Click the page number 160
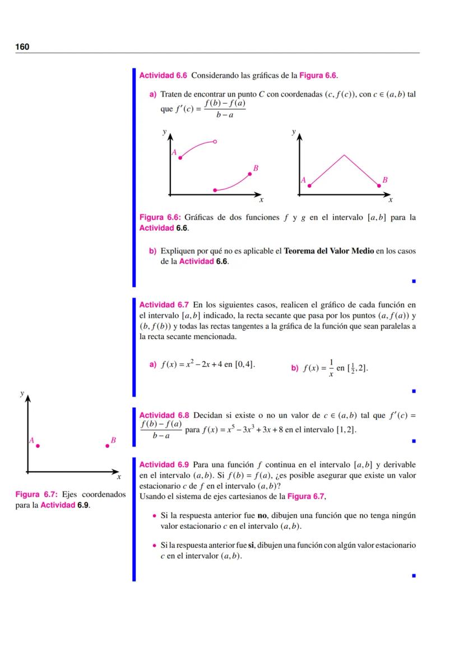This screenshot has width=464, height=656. click(x=22, y=46)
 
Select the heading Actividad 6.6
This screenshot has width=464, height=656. click(x=164, y=75)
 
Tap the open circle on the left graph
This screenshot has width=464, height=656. click(x=215, y=141)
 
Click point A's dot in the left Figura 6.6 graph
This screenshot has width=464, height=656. click(x=180, y=158)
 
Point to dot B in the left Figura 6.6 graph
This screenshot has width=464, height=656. click(x=250, y=174)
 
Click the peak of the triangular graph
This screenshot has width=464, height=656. click(x=344, y=155)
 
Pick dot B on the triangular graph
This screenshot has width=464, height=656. click(x=378, y=185)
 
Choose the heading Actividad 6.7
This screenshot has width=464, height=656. click(x=164, y=305)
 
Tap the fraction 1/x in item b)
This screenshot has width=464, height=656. click(x=331, y=367)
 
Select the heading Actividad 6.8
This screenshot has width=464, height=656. click(x=164, y=415)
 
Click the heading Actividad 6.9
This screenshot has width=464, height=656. click(x=164, y=464)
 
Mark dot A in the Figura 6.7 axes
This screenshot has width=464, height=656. click(x=38, y=446)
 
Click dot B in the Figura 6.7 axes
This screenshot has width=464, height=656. click(x=107, y=446)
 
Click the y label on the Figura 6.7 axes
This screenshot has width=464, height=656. click(x=22, y=394)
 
